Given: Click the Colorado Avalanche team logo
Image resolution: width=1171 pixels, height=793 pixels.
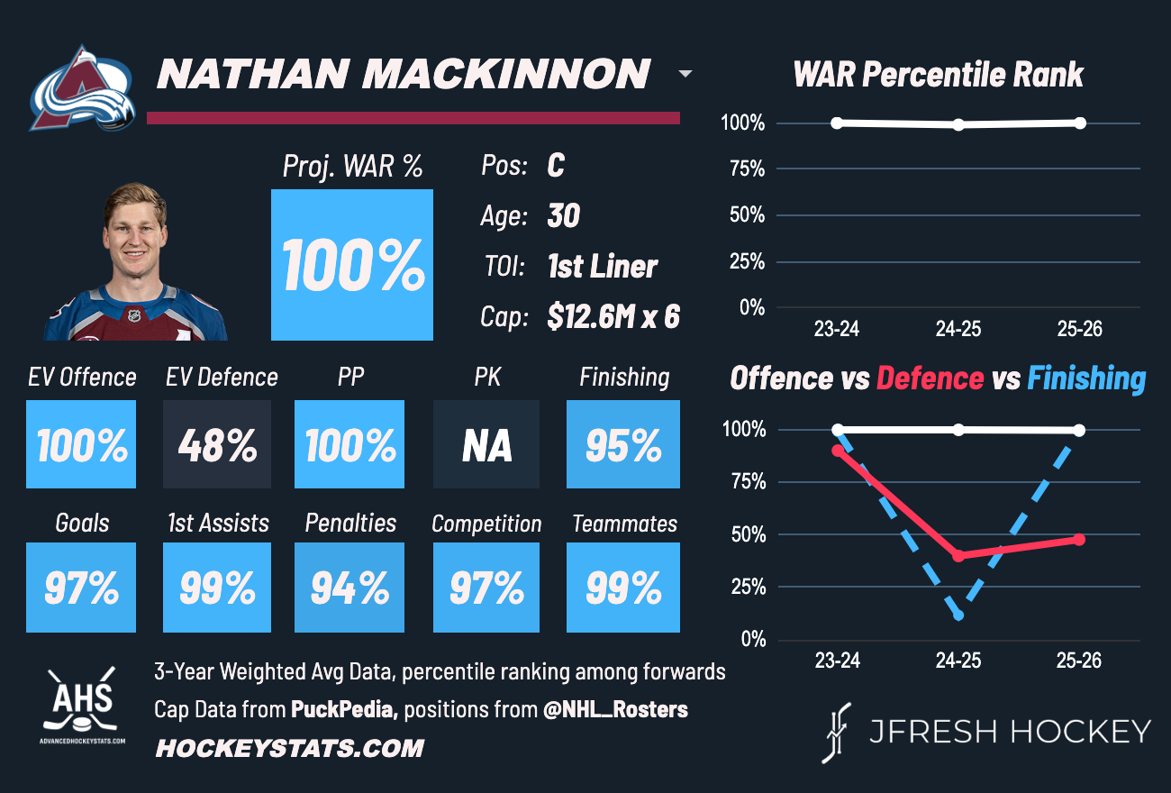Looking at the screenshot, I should coord(83,88).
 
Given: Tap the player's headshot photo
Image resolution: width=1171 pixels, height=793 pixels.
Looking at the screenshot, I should coord(135,262).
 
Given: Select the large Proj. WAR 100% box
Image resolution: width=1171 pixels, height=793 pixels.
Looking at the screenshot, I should coord(352,264).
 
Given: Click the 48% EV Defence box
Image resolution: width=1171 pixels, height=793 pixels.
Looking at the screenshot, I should coord(217,444).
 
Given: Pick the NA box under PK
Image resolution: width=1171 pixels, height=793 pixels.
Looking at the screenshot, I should coord(486,444).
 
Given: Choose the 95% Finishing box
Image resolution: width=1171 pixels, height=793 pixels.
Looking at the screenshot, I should coord(623,444).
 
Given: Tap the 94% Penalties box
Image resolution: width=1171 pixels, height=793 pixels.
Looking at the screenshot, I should coord(349,587).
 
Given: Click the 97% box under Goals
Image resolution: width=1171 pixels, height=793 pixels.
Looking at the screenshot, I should coord(81,587).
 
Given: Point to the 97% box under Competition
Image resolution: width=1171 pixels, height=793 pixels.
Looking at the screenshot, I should coord(486,587).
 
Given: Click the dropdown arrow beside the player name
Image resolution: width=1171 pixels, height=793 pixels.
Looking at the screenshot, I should coord(685,74).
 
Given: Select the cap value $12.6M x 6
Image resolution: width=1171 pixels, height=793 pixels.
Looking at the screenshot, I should coord(613,316).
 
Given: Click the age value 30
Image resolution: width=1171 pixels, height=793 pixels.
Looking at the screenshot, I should coord(564,216).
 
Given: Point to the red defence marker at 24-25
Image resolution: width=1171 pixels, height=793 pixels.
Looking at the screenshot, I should coord(958,556).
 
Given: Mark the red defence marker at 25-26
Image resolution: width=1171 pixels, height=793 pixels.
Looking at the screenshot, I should coord(1079,539).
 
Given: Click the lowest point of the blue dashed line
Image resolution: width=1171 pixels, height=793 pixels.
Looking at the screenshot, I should coord(958,615).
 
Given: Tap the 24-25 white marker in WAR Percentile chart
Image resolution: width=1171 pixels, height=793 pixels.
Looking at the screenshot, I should coord(958,124).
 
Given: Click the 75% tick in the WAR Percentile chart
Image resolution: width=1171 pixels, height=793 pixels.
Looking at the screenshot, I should coord(743,169).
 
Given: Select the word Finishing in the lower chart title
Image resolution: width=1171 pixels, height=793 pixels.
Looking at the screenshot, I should coord(1086,378).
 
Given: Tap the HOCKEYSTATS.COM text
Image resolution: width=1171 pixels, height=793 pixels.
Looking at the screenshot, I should coord(289,748).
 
